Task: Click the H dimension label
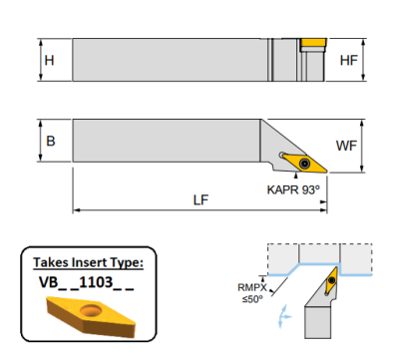pyautogui.click(x=49, y=60)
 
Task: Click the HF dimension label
pyautogui.click(x=349, y=60)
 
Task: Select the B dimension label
pyautogui.click(x=51, y=141)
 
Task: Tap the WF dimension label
pyautogui.click(x=346, y=146)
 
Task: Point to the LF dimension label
pyautogui.click(x=200, y=199)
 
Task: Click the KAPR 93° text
pyautogui.click(x=293, y=189)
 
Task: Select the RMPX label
pyautogui.click(x=252, y=287)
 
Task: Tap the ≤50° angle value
pyautogui.click(x=252, y=299)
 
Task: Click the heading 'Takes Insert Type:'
pyautogui.click(x=89, y=262)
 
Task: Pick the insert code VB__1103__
pyautogui.click(x=87, y=282)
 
